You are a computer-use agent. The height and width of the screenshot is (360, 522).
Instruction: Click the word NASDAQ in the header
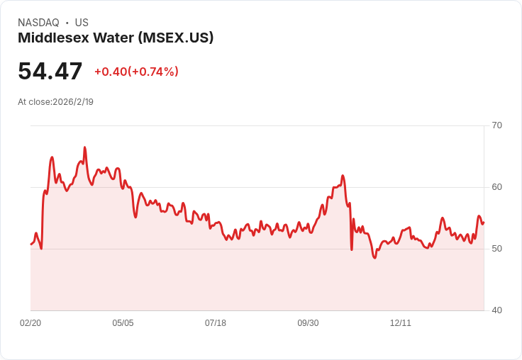[x=38, y=23]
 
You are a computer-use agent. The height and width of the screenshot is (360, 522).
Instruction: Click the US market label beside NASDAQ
[x=82, y=23]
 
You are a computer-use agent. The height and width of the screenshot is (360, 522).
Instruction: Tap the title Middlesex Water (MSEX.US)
[x=116, y=38]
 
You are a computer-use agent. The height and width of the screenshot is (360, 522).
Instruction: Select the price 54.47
[x=50, y=71]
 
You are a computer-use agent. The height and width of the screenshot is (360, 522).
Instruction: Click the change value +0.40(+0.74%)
[x=136, y=72]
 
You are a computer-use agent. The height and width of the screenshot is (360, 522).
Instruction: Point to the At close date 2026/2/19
[x=73, y=101]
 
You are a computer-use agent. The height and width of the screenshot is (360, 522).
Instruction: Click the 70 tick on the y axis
[x=496, y=125]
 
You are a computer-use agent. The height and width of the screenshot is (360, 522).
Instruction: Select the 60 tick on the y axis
[x=496, y=187]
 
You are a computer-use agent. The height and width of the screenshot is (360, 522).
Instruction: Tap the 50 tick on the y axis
[x=496, y=249]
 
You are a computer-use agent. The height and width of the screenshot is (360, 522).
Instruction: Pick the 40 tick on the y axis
[x=496, y=310]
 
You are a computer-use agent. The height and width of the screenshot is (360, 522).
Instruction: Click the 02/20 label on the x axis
[x=30, y=323]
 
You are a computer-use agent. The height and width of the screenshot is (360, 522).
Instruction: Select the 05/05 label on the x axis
[x=123, y=323]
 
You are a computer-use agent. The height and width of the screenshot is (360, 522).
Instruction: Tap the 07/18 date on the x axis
[x=216, y=323]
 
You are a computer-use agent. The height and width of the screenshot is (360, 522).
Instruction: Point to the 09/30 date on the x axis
[x=308, y=323]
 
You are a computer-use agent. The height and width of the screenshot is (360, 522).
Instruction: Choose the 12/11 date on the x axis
[x=401, y=323]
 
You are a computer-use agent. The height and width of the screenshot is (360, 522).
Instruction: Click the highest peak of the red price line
[x=85, y=147]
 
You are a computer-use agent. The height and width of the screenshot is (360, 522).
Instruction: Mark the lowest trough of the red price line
[x=374, y=258]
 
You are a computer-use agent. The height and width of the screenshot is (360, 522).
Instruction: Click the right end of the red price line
[x=484, y=223]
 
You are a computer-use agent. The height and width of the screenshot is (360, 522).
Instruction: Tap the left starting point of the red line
[x=31, y=244]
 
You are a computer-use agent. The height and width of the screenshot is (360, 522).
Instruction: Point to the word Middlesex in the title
[x=49, y=38]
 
